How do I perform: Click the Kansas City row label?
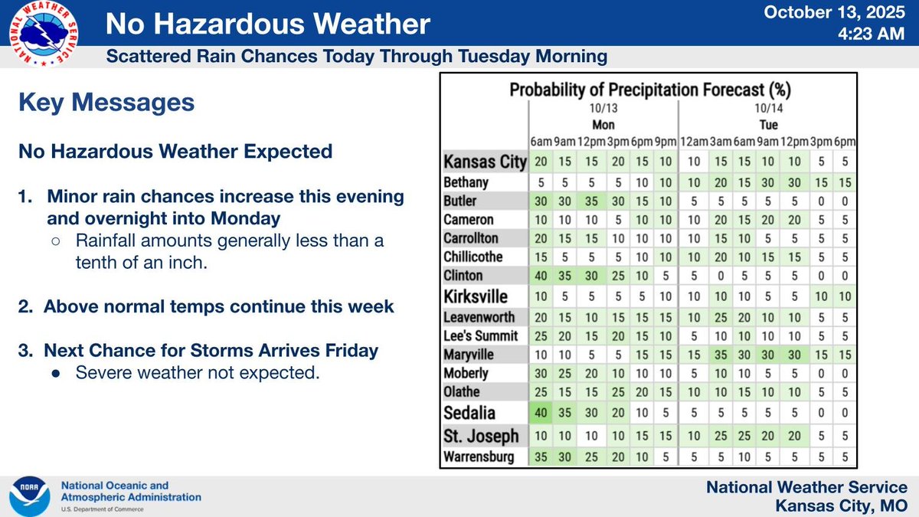486,162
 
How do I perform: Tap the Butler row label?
461,201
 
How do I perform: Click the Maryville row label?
469,354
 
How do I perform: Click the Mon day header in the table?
603,125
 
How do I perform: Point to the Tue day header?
768,125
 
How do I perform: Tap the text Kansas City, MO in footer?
842,506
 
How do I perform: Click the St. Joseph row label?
482,436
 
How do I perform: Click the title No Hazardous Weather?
267,25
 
